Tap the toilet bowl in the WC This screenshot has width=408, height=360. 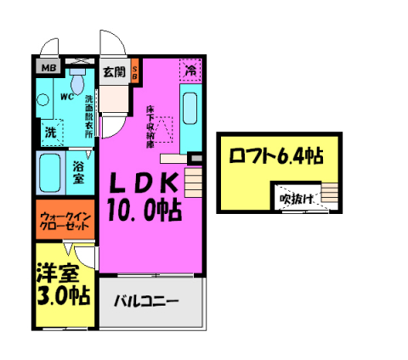(x=78, y=83)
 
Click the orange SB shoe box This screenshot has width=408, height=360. (x=134, y=73)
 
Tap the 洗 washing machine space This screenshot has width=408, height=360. (x=49, y=132)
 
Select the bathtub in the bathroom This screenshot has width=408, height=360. (x=51, y=172)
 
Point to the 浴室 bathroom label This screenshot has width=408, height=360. (x=78, y=172)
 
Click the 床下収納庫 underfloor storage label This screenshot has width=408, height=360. (x=150, y=123)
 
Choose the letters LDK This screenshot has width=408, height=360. (x=141, y=182)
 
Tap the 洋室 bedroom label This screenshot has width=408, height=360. (x=57, y=273)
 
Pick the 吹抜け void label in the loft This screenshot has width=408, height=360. (x=297, y=199)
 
